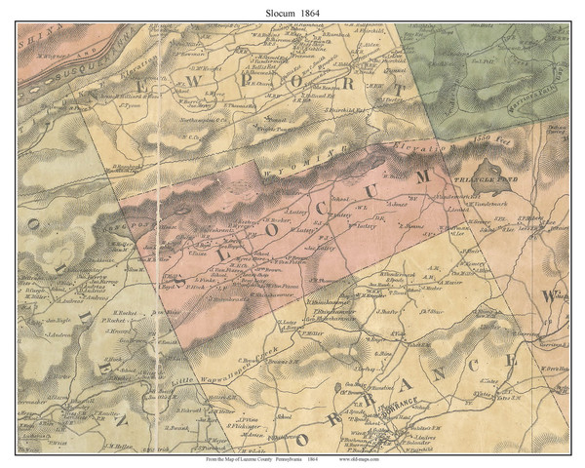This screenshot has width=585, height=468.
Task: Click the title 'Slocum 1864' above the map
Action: (x=292, y=11)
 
